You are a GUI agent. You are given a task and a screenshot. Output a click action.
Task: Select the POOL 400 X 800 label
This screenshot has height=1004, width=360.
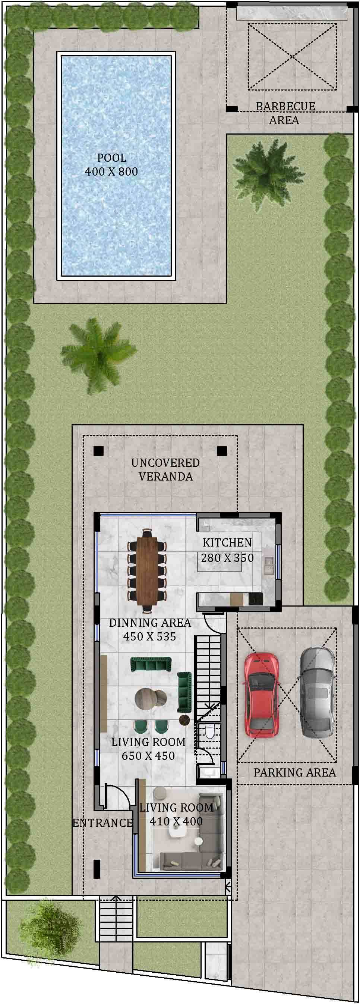[x=111, y=164]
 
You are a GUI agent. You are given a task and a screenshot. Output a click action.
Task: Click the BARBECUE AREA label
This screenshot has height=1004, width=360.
[x=285, y=113]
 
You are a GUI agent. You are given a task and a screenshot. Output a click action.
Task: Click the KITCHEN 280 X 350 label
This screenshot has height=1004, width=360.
[x=227, y=550]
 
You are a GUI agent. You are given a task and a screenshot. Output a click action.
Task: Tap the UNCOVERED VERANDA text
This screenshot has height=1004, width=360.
[x=165, y=469]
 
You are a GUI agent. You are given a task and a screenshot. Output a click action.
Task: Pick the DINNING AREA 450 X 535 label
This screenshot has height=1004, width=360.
[x=150, y=629]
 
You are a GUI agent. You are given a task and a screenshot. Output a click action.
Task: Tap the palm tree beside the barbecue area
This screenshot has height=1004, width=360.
[x=262, y=169]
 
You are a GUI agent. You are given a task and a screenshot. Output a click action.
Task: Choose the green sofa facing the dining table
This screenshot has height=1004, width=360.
[x=151, y=663]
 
